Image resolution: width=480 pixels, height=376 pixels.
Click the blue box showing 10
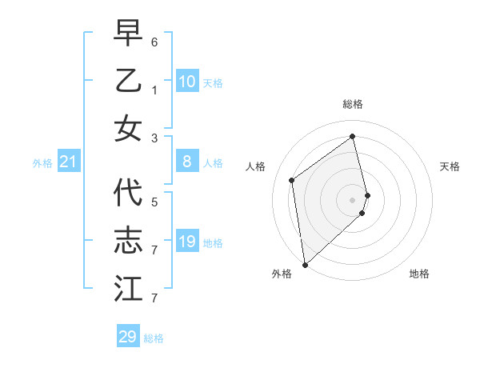coord(186,82)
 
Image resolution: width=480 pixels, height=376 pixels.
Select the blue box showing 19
coord(186,242)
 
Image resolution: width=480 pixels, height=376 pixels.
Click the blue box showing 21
coord(69,162)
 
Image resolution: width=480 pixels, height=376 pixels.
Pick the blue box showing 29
coord(128,337)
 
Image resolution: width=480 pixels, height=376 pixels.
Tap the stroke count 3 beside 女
coord(154,138)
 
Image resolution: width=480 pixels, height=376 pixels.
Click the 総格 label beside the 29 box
coord(154,338)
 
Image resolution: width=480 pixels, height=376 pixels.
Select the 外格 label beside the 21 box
coord(42,163)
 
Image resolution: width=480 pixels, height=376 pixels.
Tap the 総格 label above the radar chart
coord(353,104)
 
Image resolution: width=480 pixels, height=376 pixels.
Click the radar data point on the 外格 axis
coord(305,264)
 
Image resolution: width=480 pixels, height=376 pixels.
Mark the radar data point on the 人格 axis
coord(292,180)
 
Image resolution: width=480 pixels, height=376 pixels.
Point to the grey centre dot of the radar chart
coord(352,199)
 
